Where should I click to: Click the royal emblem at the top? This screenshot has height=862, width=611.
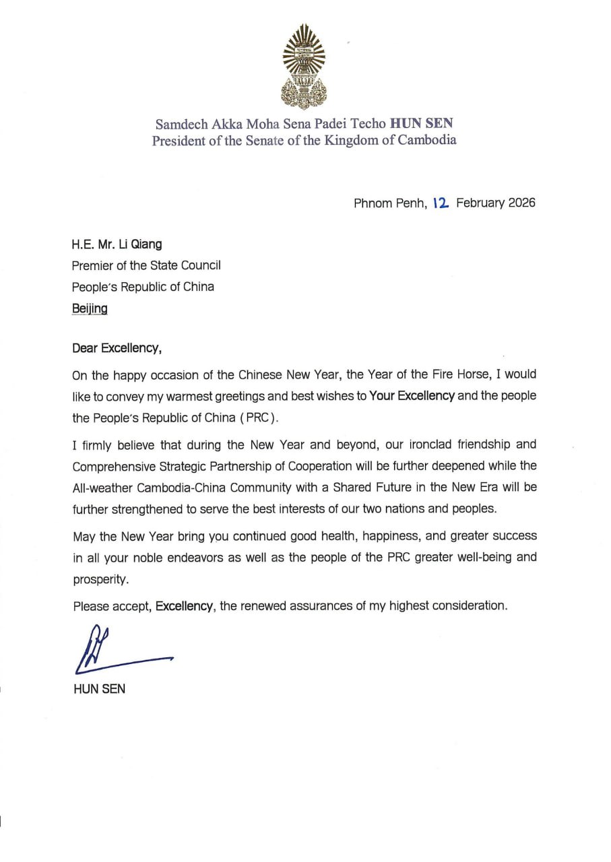(x=304, y=66)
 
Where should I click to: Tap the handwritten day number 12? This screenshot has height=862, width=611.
(x=441, y=202)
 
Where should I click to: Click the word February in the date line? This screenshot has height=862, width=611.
(x=480, y=203)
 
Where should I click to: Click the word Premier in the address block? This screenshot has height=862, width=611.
(x=92, y=265)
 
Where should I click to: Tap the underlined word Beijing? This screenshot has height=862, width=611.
(x=89, y=308)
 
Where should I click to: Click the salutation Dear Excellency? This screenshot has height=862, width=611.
(x=117, y=348)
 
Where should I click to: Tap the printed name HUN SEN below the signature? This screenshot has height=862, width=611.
(x=99, y=690)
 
